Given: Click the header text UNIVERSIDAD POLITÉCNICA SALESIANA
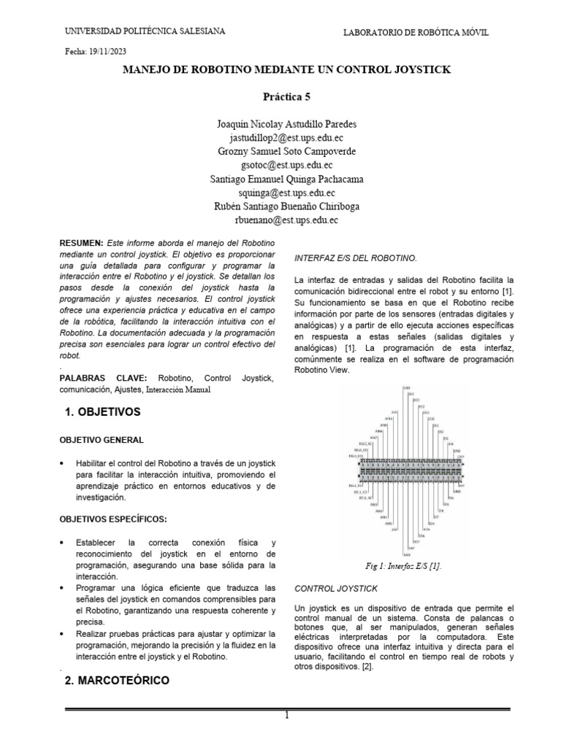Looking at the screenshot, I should [x=145, y=31].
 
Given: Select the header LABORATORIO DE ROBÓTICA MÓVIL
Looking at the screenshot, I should [x=416, y=33].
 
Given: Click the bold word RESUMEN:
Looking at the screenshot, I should [x=82, y=241].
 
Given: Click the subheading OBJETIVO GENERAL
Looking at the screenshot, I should [x=101, y=440].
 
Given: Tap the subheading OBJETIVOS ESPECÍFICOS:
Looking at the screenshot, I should [x=112, y=518].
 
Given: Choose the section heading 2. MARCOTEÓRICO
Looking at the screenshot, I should [x=117, y=680].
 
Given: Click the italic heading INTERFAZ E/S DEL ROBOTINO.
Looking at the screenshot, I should [x=355, y=258].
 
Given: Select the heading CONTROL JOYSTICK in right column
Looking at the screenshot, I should [x=335, y=587].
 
